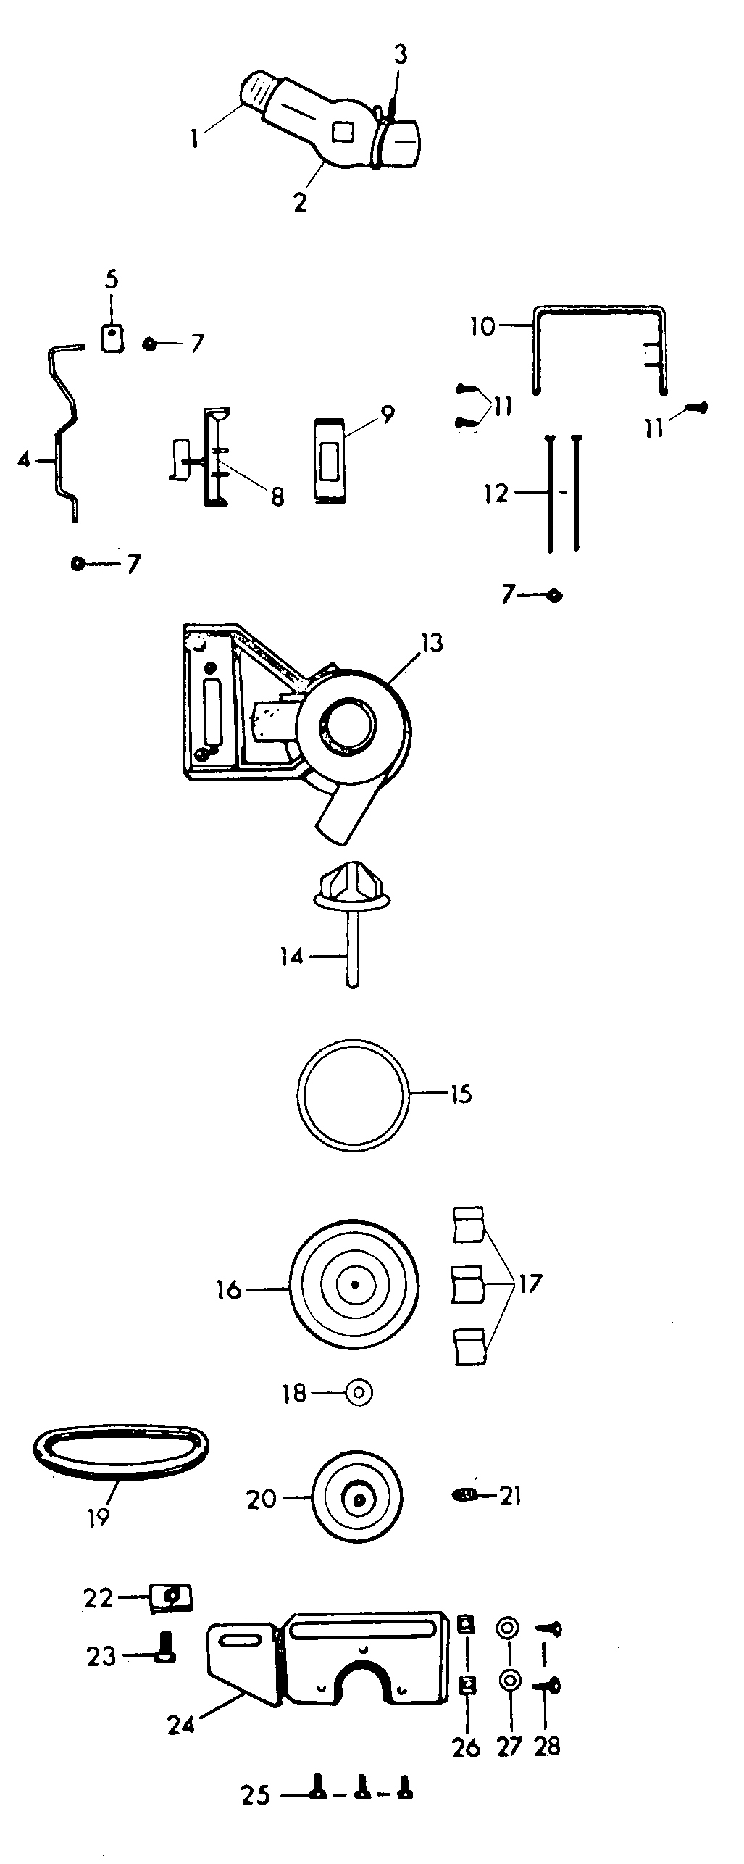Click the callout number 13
tap(431, 643)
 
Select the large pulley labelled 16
tap(354, 1285)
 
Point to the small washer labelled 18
tap(359, 1392)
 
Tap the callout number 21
tap(511, 1496)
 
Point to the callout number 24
tap(182, 1726)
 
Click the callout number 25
tap(256, 1810)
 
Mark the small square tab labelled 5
tap(111, 337)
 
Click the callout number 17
tap(530, 1284)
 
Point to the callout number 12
tap(496, 494)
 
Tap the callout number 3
tap(401, 55)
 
